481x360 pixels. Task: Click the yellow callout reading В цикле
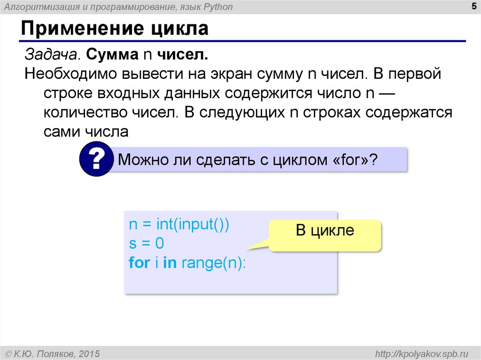tap(325, 231)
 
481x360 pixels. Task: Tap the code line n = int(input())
tap(179, 224)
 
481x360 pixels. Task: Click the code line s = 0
tap(146, 243)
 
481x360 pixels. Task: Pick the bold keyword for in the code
tap(139, 262)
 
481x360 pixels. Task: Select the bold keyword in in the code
tap(169, 262)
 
